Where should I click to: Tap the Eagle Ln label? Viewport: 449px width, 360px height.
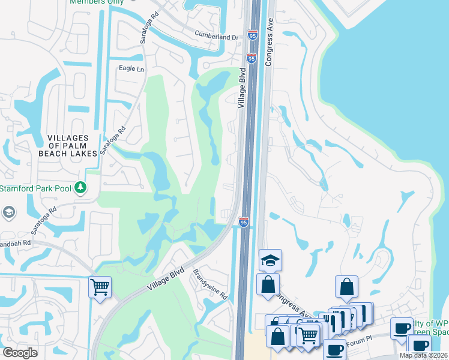click(x=132, y=69)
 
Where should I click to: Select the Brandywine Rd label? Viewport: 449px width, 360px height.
click(x=210, y=284)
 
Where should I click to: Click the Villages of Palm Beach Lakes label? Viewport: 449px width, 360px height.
click(x=72, y=146)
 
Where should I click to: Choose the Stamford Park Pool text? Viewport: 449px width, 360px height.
click(x=35, y=188)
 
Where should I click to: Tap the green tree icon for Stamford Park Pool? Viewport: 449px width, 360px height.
click(x=80, y=188)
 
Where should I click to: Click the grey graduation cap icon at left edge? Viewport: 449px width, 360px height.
click(x=8, y=212)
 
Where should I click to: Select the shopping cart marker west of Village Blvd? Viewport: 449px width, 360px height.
click(x=99, y=286)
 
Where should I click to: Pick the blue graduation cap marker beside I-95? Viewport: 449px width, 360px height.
click(x=270, y=260)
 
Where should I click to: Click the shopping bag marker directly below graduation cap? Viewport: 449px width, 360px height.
click(x=268, y=284)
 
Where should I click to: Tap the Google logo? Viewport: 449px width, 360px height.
click(x=20, y=352)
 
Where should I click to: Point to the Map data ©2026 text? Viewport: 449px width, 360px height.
click(x=424, y=355)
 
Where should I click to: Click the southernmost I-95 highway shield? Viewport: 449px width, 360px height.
click(x=244, y=222)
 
